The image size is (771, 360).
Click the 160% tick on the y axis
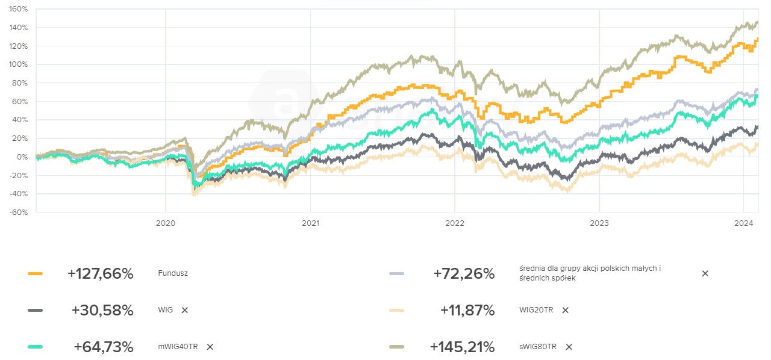18,10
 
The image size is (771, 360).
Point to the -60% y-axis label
18,212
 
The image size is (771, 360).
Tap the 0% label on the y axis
23,157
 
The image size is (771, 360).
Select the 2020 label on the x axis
165,223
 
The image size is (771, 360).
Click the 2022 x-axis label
454,223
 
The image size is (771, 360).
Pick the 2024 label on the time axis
744,223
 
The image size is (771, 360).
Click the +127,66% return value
100,274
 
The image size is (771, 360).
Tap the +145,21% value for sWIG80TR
462,347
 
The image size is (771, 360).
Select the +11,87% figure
467,311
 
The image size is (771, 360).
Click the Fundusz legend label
173,273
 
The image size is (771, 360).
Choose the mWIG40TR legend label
178,347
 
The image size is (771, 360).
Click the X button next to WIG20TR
565,310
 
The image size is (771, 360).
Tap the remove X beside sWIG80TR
569,347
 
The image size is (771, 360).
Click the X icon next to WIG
185,310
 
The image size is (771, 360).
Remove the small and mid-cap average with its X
705,273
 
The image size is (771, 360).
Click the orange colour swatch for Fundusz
36,274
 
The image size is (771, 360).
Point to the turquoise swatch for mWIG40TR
36,347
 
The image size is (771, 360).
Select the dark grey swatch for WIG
36,310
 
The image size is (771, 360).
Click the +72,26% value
464,274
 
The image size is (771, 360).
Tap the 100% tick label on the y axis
18,64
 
